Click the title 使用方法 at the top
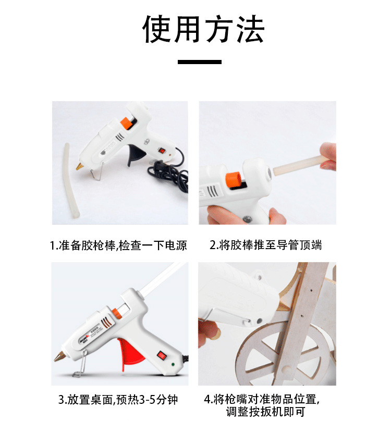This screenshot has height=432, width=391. [x=203, y=29]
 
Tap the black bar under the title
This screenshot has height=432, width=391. [x=200, y=62]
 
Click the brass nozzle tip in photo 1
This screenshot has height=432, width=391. [x=79, y=167]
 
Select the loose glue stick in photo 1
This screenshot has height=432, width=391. [x=71, y=180]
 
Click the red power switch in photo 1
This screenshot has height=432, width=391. [x=162, y=151]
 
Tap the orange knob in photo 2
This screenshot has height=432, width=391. [x=234, y=179]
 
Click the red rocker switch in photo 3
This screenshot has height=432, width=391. [x=162, y=355]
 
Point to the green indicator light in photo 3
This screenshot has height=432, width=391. [x=173, y=365]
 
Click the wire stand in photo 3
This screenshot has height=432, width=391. [x=80, y=364]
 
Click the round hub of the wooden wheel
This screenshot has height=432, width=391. [x=286, y=368]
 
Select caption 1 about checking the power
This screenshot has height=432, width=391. [x=118, y=245]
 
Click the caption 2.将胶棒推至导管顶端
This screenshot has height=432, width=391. [x=266, y=245]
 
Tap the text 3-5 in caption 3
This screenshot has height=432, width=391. [x=148, y=400]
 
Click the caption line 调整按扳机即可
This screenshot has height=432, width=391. [x=266, y=412]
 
